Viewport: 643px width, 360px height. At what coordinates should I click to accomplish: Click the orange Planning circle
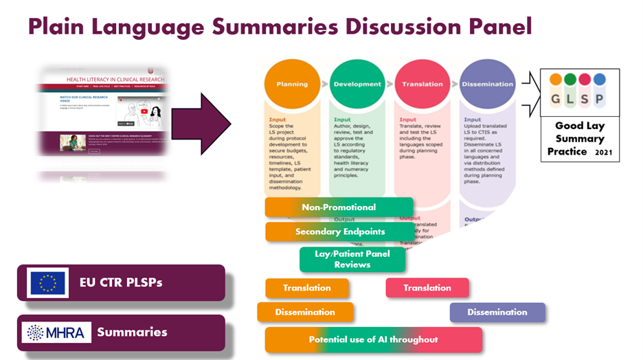tap(292, 84)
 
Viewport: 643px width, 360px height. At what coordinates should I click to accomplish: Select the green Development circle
tap(357, 84)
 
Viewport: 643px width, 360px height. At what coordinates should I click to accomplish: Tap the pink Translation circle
tap(422, 84)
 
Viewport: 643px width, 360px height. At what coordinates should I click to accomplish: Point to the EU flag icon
tap(48, 283)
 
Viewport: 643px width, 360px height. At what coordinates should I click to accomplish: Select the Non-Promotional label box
tap(339, 207)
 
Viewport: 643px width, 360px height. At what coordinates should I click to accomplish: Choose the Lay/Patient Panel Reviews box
tap(352, 259)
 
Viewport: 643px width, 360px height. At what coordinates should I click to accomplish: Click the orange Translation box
tap(306, 288)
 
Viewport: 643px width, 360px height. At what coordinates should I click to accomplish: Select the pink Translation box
tap(427, 288)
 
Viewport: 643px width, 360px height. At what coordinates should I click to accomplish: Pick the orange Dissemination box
tap(305, 312)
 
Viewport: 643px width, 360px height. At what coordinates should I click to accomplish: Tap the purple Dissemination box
tap(497, 312)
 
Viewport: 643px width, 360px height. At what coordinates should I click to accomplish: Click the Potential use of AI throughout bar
tap(373, 339)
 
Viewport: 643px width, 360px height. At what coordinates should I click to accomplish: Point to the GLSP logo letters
tap(580, 98)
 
